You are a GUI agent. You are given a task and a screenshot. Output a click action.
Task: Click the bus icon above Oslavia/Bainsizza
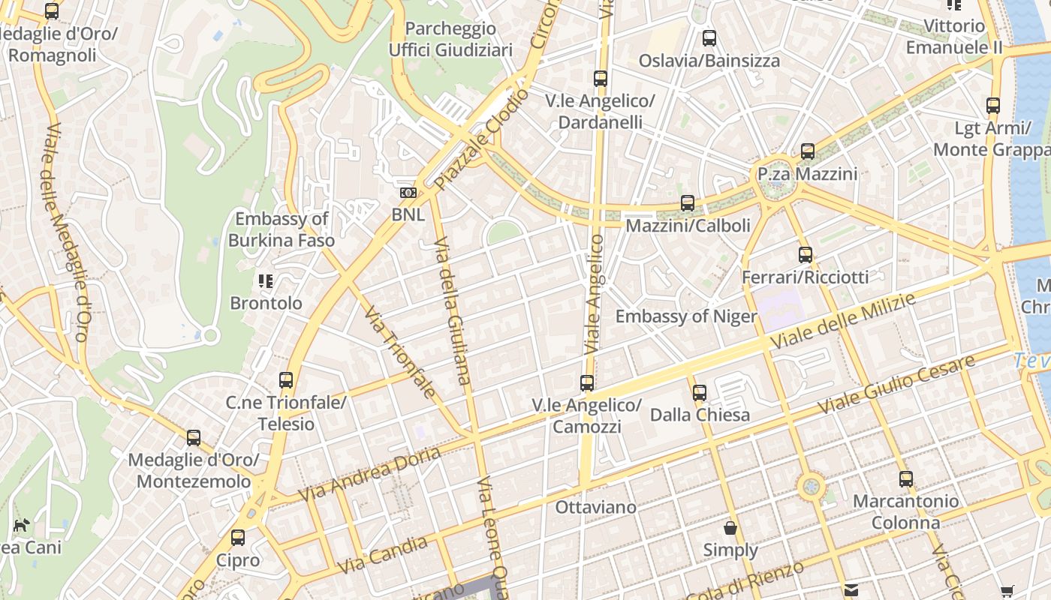click(709, 38)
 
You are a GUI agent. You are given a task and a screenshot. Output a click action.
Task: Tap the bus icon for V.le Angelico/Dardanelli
click(600, 79)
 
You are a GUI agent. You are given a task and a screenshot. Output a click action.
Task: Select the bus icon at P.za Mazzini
click(807, 151)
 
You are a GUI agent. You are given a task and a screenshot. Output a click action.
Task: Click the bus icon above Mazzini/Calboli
click(687, 203)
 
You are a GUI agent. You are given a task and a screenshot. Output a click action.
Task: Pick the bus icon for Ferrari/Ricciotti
click(806, 255)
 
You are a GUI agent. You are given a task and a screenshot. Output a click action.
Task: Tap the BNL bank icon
click(408, 193)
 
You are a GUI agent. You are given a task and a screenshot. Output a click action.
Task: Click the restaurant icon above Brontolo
click(266, 281)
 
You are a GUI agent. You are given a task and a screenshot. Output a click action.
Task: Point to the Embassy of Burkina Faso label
click(282, 229)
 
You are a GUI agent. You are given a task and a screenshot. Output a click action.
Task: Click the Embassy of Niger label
click(686, 316)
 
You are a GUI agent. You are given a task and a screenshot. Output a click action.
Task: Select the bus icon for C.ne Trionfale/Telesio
click(286, 380)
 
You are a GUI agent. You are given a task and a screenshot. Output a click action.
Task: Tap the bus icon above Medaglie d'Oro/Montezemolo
click(194, 438)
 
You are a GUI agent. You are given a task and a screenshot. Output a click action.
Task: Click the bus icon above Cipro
click(238, 538)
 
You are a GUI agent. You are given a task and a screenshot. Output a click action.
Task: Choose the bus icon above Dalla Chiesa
click(700, 392)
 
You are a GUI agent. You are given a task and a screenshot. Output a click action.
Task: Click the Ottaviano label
click(595, 508)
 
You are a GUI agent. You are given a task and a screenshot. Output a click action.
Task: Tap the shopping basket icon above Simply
click(730, 528)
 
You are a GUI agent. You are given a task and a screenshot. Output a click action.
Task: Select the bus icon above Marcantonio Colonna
click(906, 479)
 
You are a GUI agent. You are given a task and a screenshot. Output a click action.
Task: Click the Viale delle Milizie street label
click(844, 322)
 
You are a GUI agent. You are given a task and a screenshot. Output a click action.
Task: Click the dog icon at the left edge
click(21, 525)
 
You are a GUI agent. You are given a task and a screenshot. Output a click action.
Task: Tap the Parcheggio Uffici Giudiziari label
click(450, 39)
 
